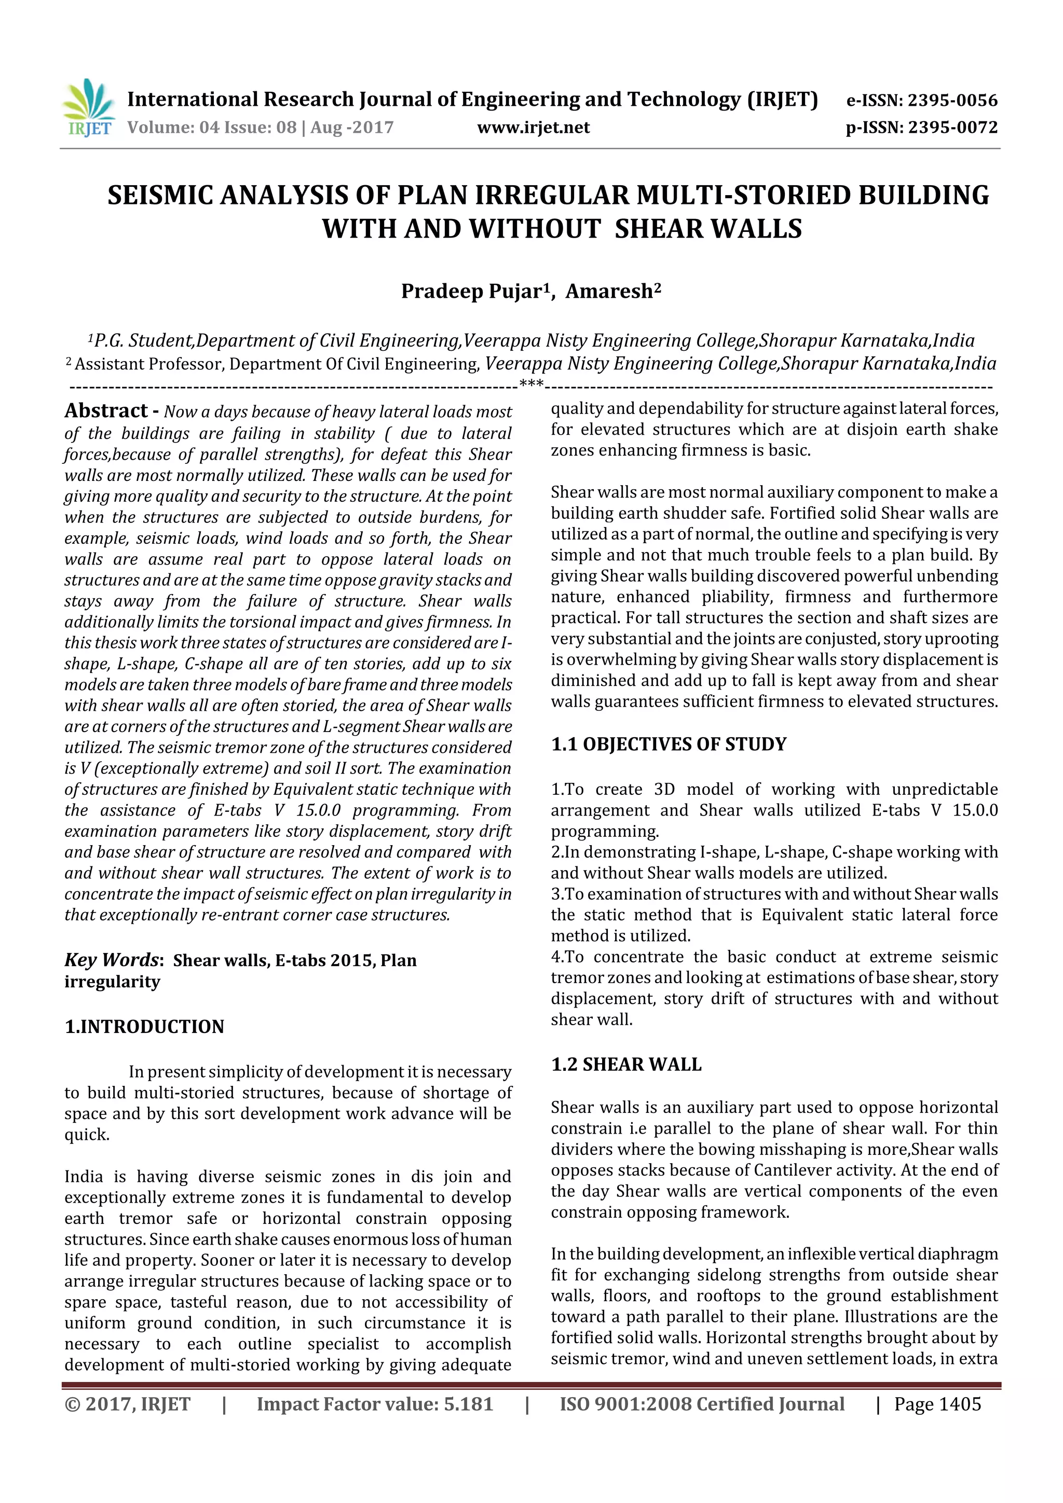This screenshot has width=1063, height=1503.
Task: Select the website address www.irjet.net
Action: [x=533, y=128]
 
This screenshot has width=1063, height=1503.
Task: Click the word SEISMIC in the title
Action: [x=160, y=196]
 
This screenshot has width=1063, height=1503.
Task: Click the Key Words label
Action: [x=112, y=960]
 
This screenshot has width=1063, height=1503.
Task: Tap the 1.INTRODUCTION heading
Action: [x=144, y=1026]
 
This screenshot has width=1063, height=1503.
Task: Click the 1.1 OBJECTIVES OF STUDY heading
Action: [x=669, y=744]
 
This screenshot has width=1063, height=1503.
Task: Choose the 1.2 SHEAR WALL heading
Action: [x=626, y=1065]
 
